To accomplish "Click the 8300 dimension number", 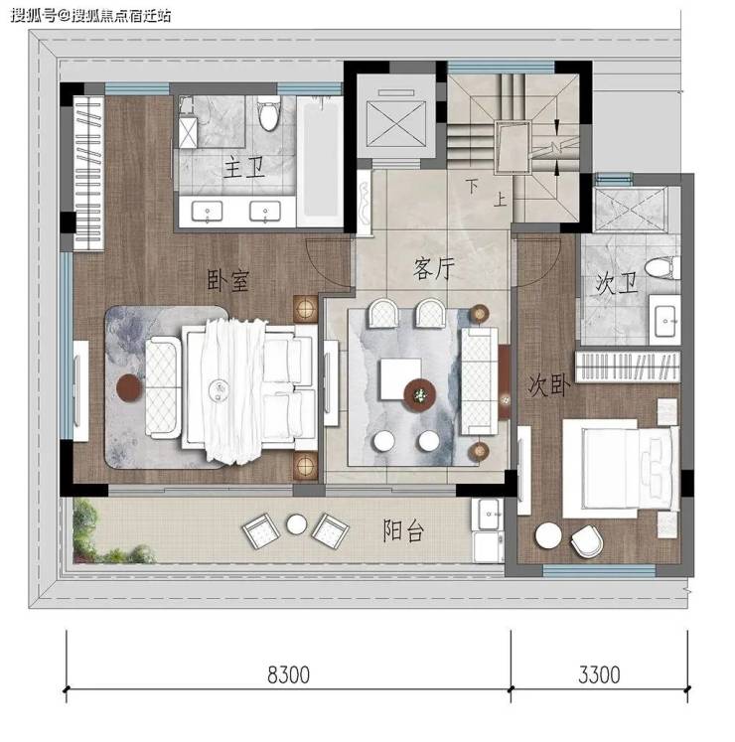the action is click(288, 674).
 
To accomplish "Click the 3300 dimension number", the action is click(599, 674).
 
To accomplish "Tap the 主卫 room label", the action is click(243, 168).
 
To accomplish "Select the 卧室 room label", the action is click(227, 280).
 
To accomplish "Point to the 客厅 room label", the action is click(433, 269).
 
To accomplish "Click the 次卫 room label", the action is click(616, 284).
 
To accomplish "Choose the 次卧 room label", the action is click(549, 385).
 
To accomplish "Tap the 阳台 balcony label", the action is click(403, 530).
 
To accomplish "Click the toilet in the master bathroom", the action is click(269, 113).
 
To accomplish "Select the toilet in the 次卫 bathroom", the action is click(662, 267).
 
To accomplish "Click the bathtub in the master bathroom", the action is click(320, 160).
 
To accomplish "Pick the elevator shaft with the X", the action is click(395, 124).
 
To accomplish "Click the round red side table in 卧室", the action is click(129, 388).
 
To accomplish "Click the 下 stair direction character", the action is click(472, 186).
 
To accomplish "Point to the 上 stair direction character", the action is click(501, 200).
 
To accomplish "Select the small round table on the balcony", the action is click(297, 523).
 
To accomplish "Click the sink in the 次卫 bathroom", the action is click(664, 320).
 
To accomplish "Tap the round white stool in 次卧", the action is click(548, 535).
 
